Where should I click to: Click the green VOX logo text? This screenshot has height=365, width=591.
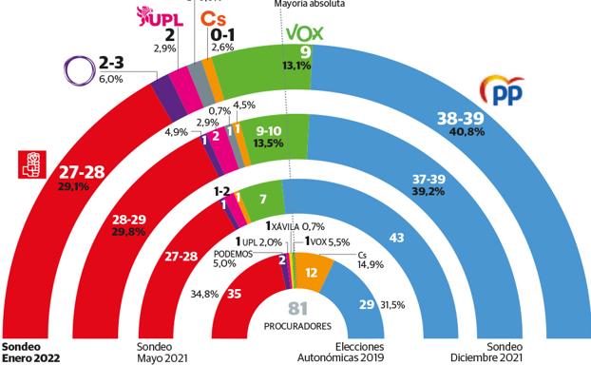click(x=305, y=34)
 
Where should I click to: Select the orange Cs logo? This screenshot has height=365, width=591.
click(x=214, y=18)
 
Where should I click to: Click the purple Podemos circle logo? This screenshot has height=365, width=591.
click(x=77, y=70)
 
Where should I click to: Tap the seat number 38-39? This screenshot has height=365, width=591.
click(x=460, y=118)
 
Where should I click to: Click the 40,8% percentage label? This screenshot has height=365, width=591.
click(x=460, y=132)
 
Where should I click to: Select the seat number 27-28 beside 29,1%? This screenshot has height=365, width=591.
click(x=81, y=171)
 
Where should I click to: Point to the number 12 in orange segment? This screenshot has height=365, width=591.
click(x=310, y=273)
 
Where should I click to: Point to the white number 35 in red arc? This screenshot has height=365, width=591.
click(x=235, y=294)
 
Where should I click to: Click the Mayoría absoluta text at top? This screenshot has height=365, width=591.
click(x=310, y=4)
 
